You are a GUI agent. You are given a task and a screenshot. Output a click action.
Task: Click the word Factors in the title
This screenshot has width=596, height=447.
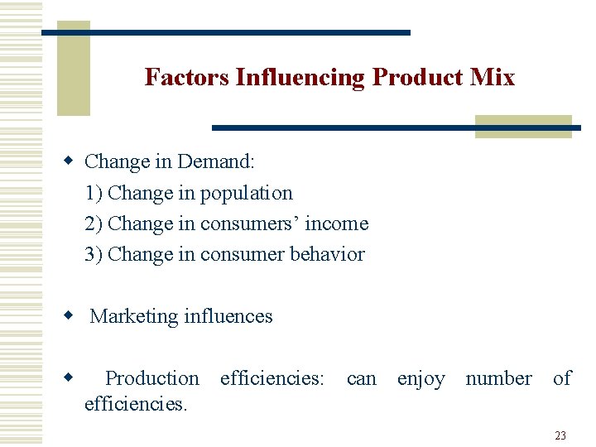tap(187, 78)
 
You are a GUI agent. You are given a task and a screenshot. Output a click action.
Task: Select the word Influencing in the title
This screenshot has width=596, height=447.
tap(300, 78)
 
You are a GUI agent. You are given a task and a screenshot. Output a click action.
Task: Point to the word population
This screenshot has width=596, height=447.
tap(246, 193)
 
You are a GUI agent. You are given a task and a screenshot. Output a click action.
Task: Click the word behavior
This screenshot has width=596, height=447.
tap(327, 254)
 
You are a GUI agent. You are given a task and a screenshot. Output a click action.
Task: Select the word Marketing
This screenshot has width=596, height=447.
tap(133, 316)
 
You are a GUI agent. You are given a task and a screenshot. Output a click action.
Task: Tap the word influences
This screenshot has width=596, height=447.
tap(228, 316)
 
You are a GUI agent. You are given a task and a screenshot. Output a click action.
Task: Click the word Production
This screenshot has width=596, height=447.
tap(152, 378)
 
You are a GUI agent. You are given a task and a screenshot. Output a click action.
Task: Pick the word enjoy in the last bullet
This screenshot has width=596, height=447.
tap(421, 378)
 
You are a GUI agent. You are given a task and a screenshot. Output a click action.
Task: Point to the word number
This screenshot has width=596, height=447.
tap(498, 378)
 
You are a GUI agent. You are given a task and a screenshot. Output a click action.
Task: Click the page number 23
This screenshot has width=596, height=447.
tap(560, 435)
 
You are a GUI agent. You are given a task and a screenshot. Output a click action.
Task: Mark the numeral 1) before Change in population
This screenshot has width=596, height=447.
tap(94, 193)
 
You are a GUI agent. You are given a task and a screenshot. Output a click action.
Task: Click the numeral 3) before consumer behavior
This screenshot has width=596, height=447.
tap(94, 254)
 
